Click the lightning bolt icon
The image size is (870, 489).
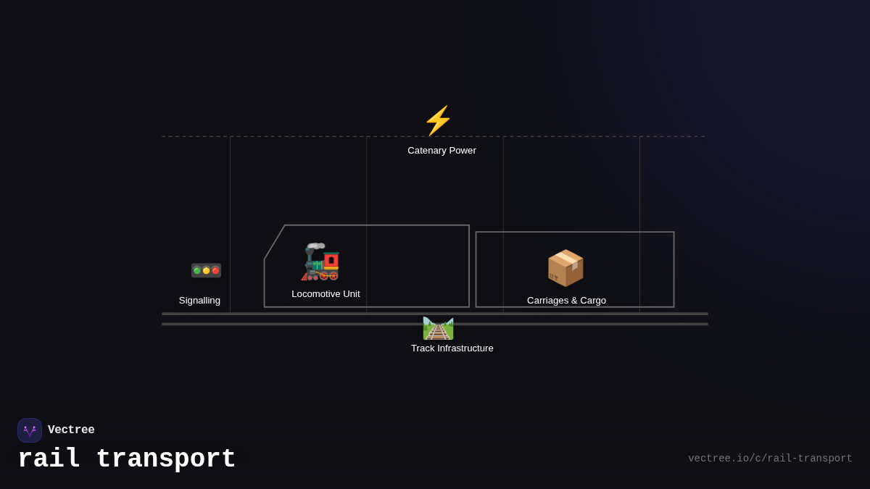[438, 121]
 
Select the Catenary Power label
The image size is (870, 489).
[442, 151]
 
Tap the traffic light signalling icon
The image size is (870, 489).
[206, 270]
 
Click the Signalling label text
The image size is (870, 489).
[199, 301]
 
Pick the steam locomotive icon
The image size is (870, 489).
[320, 262]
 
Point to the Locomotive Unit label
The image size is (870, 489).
[326, 294]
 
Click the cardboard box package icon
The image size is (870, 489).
[565, 268]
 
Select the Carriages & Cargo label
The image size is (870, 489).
[566, 301]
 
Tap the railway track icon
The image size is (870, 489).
[438, 328]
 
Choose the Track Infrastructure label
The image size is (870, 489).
[452, 348]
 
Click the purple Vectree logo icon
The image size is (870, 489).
[30, 430]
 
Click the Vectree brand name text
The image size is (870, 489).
[71, 430]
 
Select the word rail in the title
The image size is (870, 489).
[49, 459]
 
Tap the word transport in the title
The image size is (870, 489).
[165, 459]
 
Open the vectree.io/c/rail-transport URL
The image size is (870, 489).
[770, 459]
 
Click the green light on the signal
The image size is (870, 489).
[197, 271]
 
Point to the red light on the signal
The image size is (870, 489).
[215, 271]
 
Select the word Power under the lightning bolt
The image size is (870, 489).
[462, 151]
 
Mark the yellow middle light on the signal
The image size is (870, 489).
[206, 271]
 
